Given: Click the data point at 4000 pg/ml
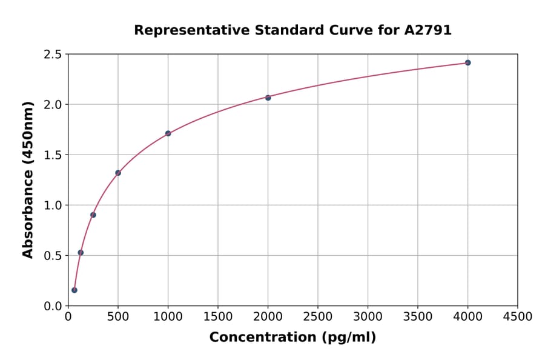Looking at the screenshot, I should tap(467, 62).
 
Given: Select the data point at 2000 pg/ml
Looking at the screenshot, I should tap(268, 98).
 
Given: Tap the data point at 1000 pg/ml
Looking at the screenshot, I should tap(168, 133).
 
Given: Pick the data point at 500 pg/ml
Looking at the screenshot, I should tap(118, 173).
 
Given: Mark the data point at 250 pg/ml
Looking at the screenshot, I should tap(93, 215).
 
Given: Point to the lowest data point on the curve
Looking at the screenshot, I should tap(74, 290).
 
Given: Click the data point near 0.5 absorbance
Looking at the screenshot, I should tap(81, 253).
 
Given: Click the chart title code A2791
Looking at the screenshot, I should tap(428, 30).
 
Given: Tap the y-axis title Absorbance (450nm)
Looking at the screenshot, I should tap(28, 179).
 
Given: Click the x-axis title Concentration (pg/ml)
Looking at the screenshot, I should tap(292, 338).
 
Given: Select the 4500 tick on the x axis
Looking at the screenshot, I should tap(517, 317).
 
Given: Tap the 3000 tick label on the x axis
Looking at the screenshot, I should tap(368, 317).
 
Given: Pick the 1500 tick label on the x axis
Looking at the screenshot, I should tap(218, 317).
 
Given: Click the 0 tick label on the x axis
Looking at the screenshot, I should tap(68, 317).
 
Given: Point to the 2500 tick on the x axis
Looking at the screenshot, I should tap(318, 317).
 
